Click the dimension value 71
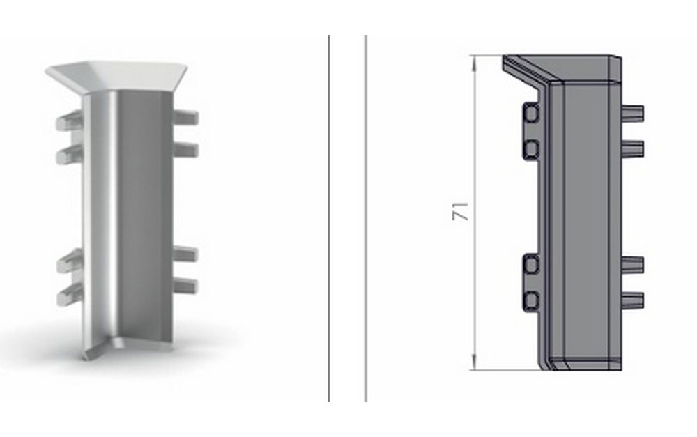click(x=460, y=211)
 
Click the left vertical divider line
click(x=329, y=218)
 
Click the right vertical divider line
click(x=366, y=218)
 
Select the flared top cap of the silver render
click(x=116, y=75)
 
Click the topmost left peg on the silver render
click(x=69, y=121)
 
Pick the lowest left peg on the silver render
click(x=70, y=295)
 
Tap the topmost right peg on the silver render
click(x=185, y=117)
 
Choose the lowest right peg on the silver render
click(x=185, y=285)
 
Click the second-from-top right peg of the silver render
click(x=185, y=150)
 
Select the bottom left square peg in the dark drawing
click(x=530, y=301)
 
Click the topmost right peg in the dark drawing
click(x=633, y=113)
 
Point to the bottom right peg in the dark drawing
click(x=633, y=300)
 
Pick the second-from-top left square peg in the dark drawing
click(x=530, y=148)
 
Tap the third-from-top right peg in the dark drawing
click(x=633, y=265)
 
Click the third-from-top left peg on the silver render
click(x=70, y=261)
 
